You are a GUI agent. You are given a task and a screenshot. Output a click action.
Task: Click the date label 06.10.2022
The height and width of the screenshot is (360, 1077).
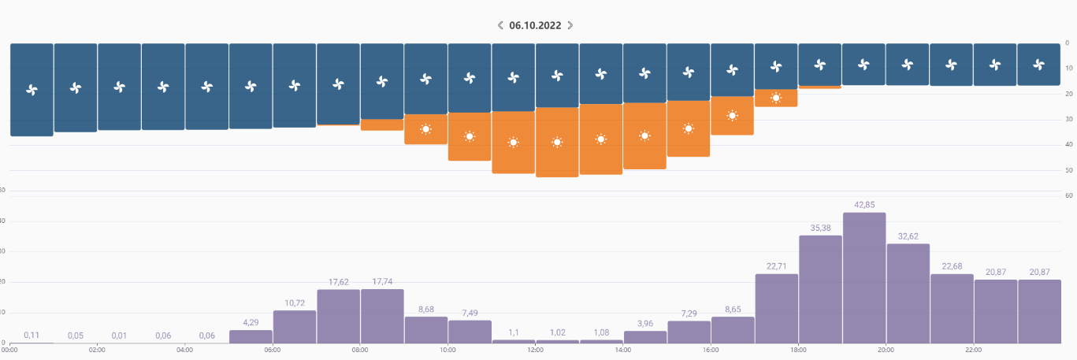click(x=535, y=25)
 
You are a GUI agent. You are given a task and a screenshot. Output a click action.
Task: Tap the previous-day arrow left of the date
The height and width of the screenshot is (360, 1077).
click(x=500, y=25)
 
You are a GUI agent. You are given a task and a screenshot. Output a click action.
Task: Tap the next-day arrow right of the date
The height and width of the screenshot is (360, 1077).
click(x=570, y=25)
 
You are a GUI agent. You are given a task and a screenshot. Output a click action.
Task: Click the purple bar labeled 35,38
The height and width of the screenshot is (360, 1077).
click(x=820, y=289)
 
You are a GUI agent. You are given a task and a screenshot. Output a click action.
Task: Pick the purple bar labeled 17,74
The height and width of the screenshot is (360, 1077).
click(x=382, y=316)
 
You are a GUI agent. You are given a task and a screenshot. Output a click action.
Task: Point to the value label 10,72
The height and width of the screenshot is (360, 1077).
click(x=295, y=302)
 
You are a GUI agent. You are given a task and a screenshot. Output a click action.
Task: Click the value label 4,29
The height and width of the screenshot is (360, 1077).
click(x=251, y=322)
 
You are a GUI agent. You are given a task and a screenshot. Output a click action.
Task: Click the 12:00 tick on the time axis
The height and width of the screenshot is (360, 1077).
click(x=535, y=349)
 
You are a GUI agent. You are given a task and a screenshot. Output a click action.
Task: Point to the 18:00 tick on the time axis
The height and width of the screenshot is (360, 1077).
click(x=798, y=349)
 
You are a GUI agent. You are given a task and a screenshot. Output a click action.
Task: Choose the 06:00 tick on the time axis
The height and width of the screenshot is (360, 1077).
click(x=273, y=349)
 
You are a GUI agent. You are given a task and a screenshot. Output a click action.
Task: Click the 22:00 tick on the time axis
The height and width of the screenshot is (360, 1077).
click(x=973, y=349)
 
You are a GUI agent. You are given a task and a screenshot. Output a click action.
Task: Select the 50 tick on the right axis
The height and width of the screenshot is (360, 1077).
click(x=1067, y=170)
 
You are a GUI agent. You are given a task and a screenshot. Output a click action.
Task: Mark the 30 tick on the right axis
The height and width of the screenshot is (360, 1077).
click(x=1067, y=119)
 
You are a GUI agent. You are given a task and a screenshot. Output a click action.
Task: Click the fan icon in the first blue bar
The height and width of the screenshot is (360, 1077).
click(x=32, y=90)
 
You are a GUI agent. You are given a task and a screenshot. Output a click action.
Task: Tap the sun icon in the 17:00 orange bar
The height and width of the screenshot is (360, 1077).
click(x=776, y=98)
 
